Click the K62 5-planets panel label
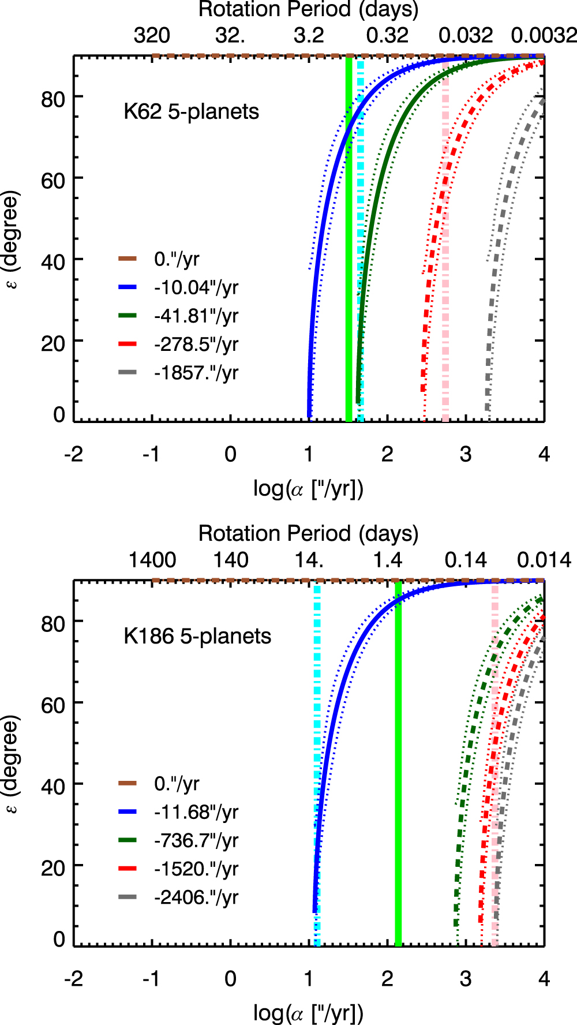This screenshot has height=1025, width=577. pyautogui.click(x=191, y=111)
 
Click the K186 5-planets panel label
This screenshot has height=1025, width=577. pyautogui.click(x=197, y=636)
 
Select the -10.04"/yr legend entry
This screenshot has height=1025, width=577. pyautogui.click(x=178, y=287)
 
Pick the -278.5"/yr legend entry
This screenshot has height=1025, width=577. pyautogui.click(x=178, y=344)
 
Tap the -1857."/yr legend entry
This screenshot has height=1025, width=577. pyautogui.click(x=178, y=372)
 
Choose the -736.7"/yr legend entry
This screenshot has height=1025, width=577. pyautogui.click(x=178, y=840)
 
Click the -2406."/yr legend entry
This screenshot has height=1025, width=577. pyautogui.click(x=178, y=897)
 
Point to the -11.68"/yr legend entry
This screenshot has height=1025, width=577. pyautogui.click(x=178, y=812)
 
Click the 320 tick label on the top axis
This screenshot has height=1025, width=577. pyautogui.click(x=152, y=36)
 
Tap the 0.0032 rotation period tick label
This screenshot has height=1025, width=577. pyautogui.click(x=544, y=36)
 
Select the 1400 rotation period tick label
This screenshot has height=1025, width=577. pyautogui.click(x=152, y=560)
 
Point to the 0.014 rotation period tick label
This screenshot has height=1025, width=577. pyautogui.click(x=544, y=560)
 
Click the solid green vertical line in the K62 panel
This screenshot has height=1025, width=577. pyautogui.click(x=349, y=239)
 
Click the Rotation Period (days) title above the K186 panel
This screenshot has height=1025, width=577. pyautogui.click(x=309, y=534)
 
